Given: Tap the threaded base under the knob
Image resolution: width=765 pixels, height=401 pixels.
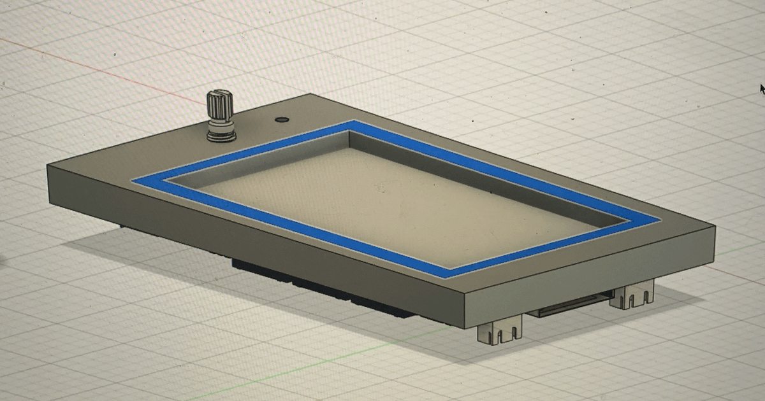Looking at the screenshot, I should [x=221, y=132].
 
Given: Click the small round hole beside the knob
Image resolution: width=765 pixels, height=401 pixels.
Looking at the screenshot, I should [x=280, y=119].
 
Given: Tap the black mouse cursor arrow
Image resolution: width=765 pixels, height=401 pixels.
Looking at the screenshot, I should [x=762, y=88].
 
